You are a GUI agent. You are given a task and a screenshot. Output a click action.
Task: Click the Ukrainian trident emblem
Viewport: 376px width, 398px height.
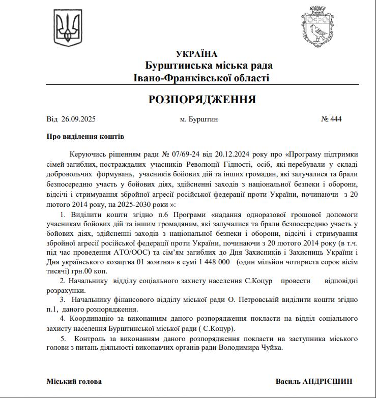click(68, 28)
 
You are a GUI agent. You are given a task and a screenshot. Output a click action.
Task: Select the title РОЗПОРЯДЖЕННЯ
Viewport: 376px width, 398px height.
click(202, 99)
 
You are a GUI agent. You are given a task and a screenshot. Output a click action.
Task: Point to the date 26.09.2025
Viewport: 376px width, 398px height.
click(78, 119)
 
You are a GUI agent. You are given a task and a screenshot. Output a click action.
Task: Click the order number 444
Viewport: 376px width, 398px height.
click(335, 119)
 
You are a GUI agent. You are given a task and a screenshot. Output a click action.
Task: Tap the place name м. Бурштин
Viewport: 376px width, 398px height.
click(199, 119)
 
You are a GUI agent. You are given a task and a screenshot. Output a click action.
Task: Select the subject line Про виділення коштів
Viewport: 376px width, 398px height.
click(85, 137)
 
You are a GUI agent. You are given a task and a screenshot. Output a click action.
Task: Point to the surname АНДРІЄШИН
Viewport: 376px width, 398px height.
click(328, 381)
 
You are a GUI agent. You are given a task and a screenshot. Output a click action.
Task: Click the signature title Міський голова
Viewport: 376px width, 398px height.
click(74, 381)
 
